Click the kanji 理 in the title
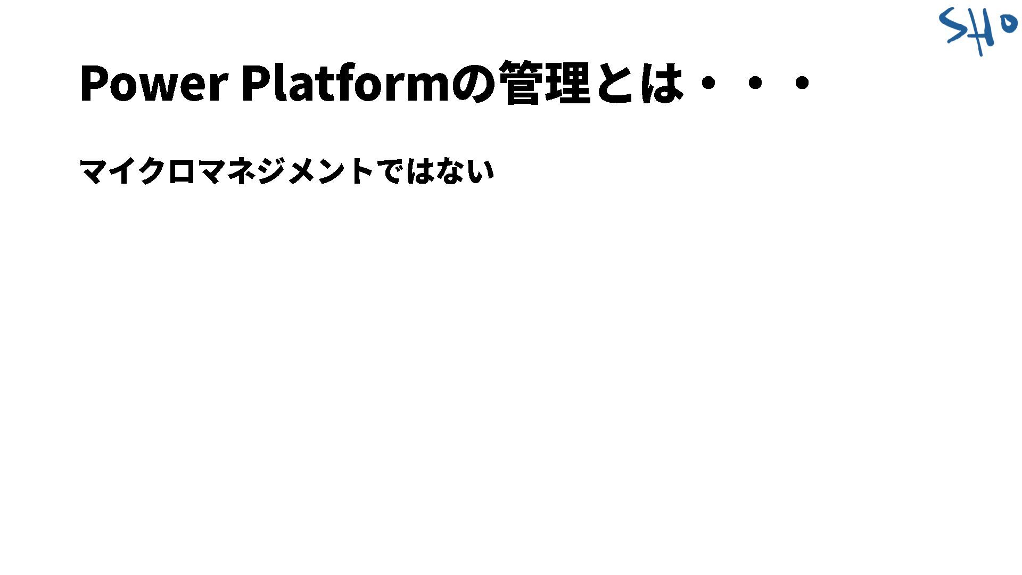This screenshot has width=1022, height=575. pos(568,83)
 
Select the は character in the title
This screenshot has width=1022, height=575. pos(661,83)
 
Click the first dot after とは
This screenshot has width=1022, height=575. pos(708,83)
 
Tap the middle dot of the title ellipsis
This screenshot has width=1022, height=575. pos(755,83)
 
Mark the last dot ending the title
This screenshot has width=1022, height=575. pos(802,83)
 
